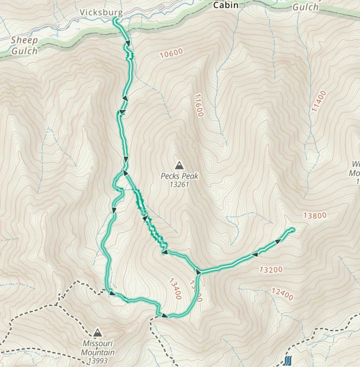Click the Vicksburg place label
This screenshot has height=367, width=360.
(101, 13)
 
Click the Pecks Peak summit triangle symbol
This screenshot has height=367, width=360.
(179, 165)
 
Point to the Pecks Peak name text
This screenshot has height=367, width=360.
(179, 176)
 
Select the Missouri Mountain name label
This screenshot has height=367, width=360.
(97, 347)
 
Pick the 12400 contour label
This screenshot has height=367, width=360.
(282, 294)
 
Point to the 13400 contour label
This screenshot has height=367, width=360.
(175, 288)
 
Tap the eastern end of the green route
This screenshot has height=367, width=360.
(293, 229)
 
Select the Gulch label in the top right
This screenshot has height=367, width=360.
(305, 7)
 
